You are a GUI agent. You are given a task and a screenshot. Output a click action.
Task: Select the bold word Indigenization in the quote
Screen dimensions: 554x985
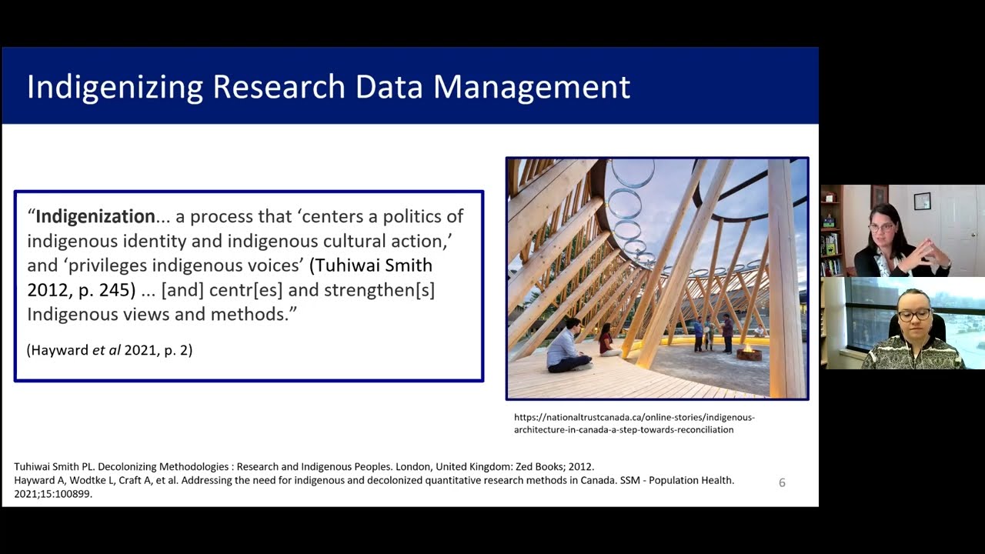95,216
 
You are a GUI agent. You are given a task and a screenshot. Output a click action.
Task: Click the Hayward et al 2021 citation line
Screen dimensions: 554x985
109,350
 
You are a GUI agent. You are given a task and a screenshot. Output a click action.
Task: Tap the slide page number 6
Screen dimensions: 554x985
782,482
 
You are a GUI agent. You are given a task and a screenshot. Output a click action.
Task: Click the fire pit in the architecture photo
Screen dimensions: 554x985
749,353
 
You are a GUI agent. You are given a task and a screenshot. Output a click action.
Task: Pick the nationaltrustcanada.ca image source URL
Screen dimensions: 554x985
633,423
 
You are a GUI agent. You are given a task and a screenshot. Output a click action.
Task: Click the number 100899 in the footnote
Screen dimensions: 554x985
72,494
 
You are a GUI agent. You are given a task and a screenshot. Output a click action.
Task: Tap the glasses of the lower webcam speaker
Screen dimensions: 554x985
914,315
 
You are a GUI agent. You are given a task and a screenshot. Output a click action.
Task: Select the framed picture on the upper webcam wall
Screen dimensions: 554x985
922,201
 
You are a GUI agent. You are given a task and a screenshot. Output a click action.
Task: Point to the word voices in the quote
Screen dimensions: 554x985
266,265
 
